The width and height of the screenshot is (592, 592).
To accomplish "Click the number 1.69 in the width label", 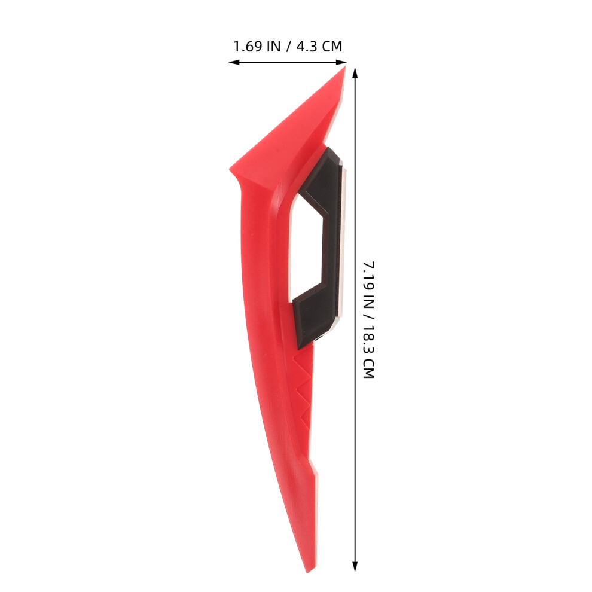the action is [x=248, y=47].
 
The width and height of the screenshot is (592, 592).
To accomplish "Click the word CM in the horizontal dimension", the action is [x=332, y=47].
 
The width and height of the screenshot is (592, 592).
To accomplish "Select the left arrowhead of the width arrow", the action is [x=234, y=62].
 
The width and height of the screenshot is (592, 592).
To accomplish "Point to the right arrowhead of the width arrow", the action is [x=341, y=62].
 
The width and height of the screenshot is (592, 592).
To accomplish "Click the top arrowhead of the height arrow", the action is [x=355, y=72].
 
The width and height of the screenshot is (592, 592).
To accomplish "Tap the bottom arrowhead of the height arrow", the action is [x=355, y=566].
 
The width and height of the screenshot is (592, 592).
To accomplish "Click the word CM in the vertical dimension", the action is [x=368, y=368].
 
